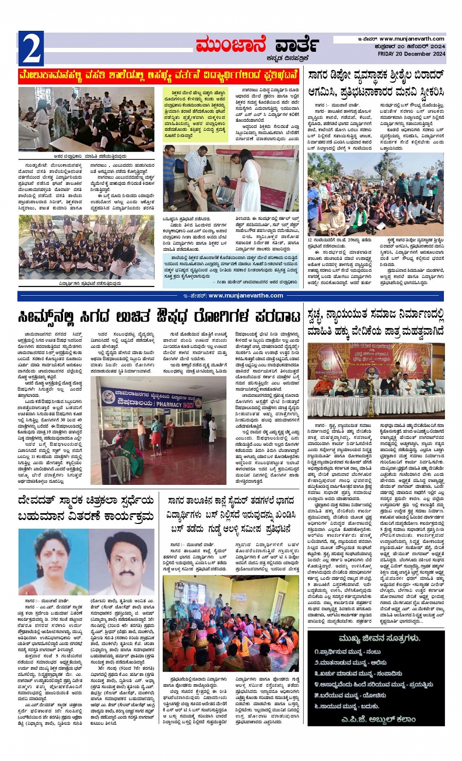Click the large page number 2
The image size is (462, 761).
tap(31, 48)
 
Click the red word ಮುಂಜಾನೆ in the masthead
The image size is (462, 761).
tap(230, 45)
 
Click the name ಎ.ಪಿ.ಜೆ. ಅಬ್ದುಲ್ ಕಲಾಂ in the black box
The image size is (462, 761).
tap(375, 719)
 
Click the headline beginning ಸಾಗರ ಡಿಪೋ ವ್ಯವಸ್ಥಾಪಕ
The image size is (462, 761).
tap(376, 83)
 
